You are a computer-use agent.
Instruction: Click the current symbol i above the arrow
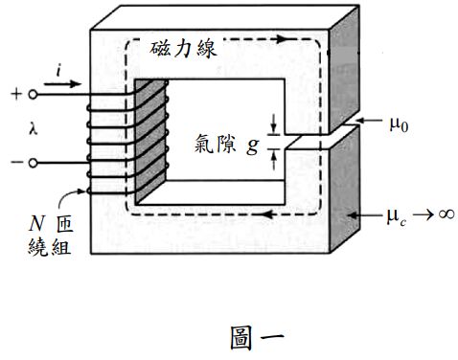[x=61, y=71]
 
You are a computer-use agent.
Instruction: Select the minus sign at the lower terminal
[x=16, y=164]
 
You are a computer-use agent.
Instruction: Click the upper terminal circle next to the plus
[x=34, y=95]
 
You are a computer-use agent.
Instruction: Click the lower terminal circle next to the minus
[x=34, y=164]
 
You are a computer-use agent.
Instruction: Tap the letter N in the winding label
[x=32, y=226]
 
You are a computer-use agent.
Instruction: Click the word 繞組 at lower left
[x=45, y=246]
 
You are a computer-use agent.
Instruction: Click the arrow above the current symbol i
[x=60, y=84]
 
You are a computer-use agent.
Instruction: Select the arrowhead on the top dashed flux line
[x=280, y=40]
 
